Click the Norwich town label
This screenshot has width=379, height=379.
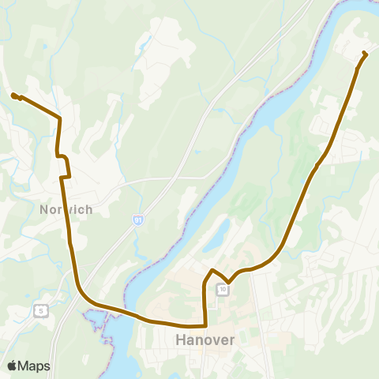(66, 209)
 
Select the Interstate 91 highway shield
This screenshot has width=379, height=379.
(138, 220)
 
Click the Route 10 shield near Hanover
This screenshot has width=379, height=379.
(224, 290)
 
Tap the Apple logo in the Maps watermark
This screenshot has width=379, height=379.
(11, 366)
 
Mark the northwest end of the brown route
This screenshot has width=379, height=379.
(13, 96)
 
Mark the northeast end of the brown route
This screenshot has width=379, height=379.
(365, 53)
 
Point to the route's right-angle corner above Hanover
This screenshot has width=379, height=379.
(205, 325)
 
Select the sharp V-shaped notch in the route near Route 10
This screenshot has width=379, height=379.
(228, 282)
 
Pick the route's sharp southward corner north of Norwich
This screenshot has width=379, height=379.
(61, 119)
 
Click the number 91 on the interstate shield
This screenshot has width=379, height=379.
(138, 221)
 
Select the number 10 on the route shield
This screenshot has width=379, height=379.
(224, 290)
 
